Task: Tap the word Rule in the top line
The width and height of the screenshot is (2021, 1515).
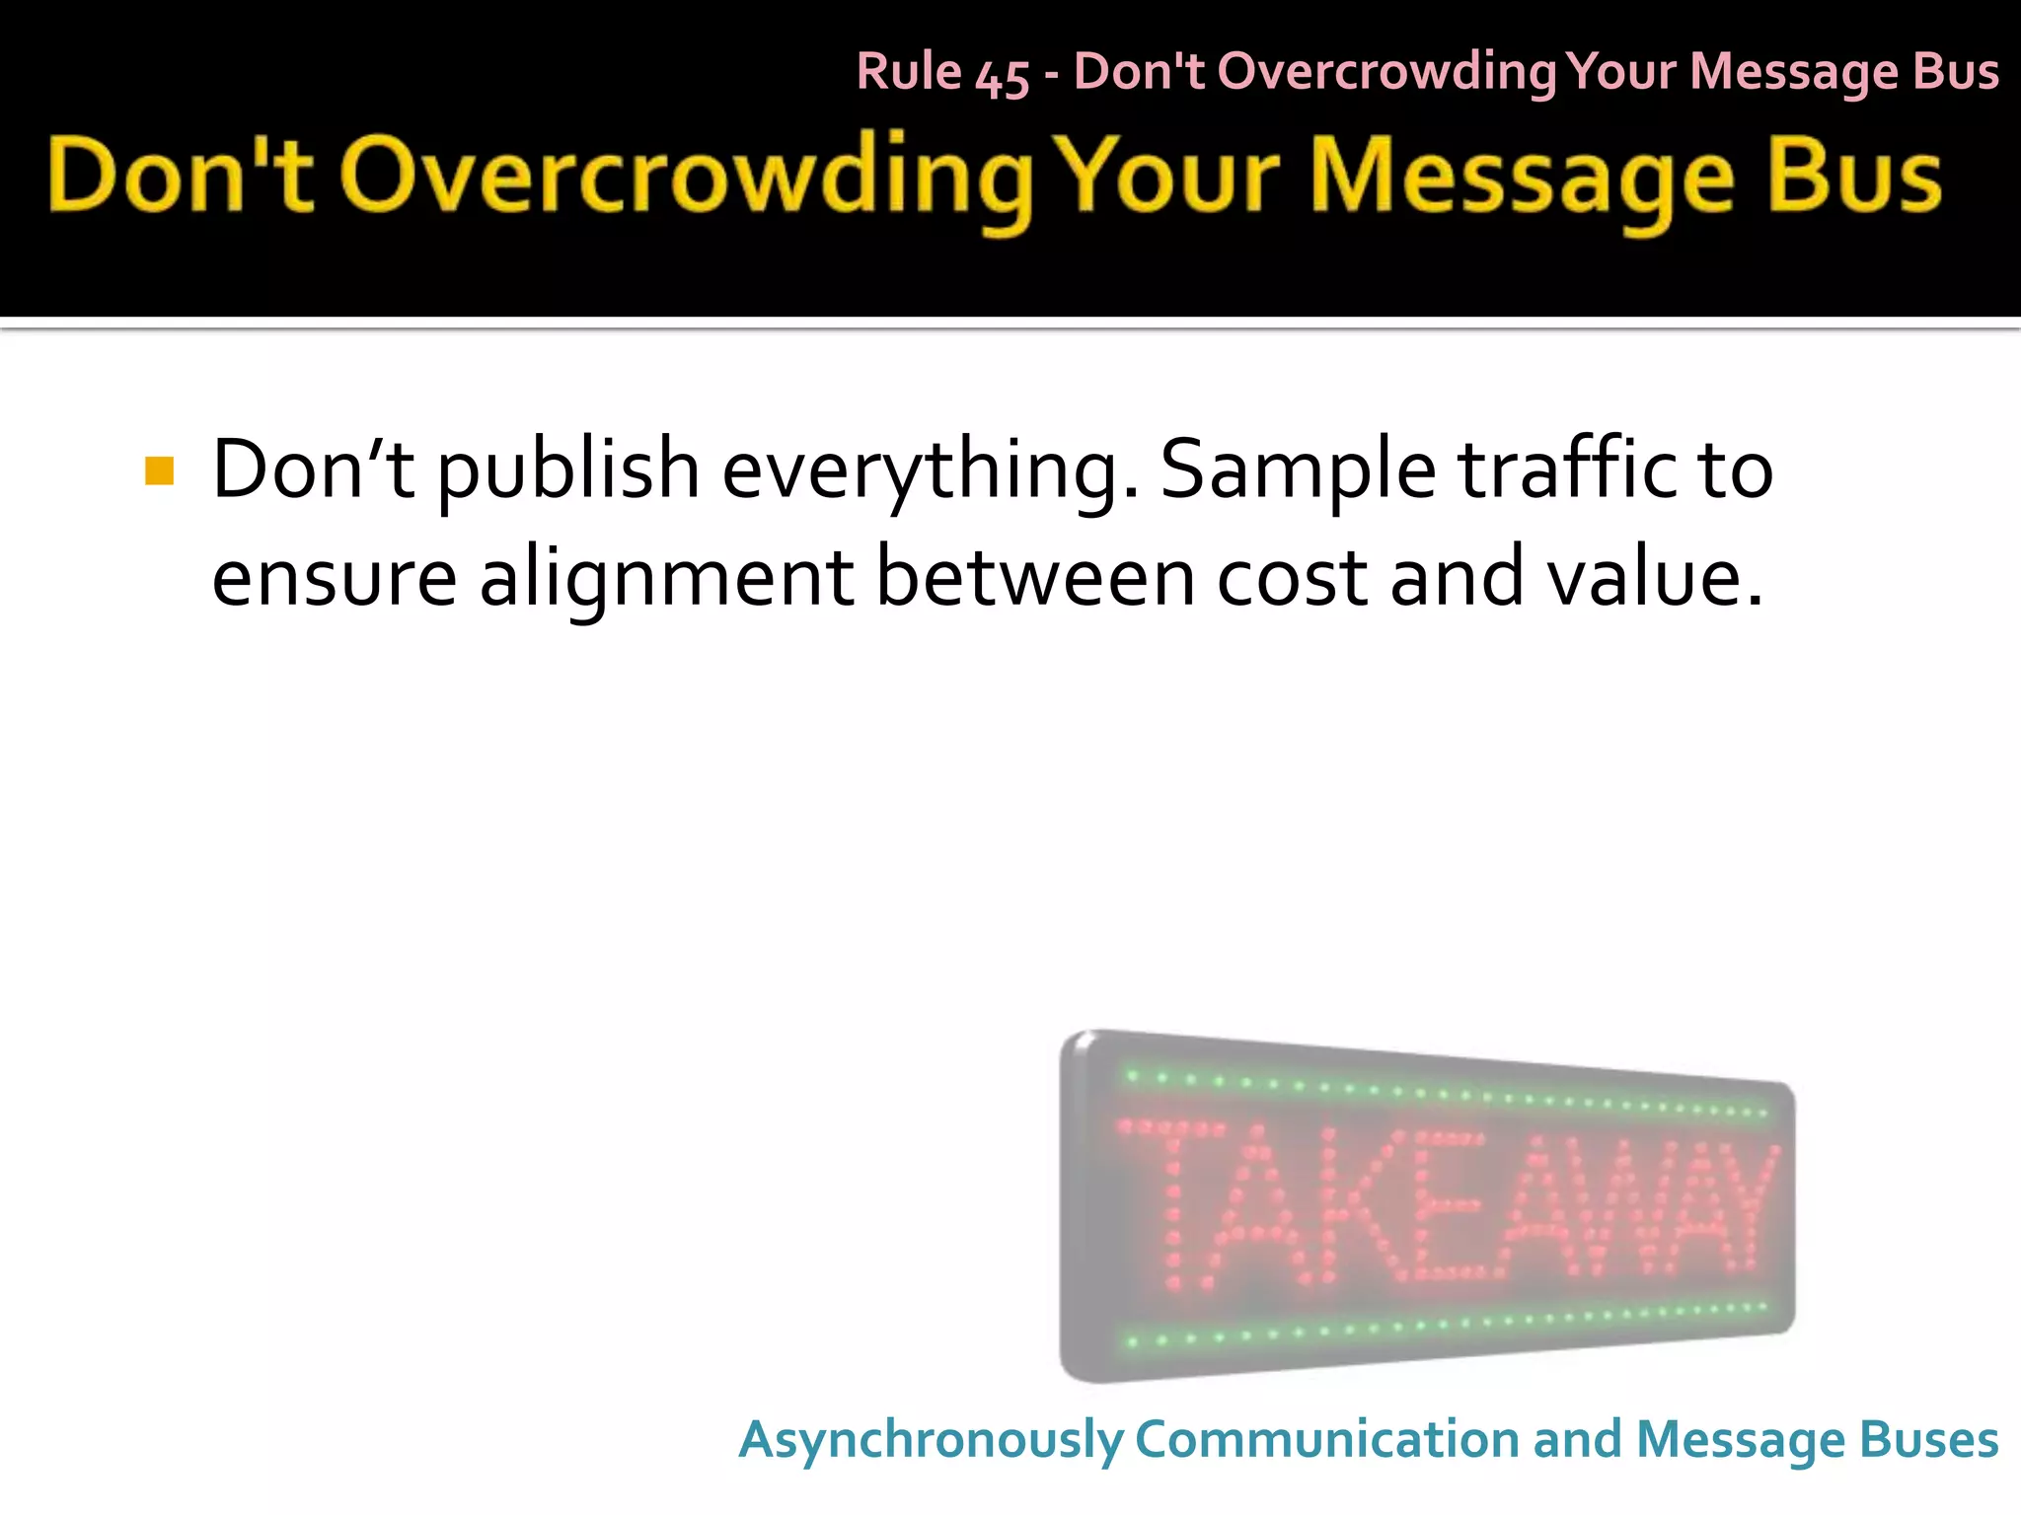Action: tap(909, 72)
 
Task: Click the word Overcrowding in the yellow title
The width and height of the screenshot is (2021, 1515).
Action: tap(685, 178)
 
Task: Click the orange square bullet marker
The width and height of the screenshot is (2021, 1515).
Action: tap(159, 470)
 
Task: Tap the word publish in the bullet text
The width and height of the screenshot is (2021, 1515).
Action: tap(567, 470)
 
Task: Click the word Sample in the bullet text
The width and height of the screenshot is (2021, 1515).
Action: tap(1297, 470)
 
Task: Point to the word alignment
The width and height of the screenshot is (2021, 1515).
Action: tap(666, 579)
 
